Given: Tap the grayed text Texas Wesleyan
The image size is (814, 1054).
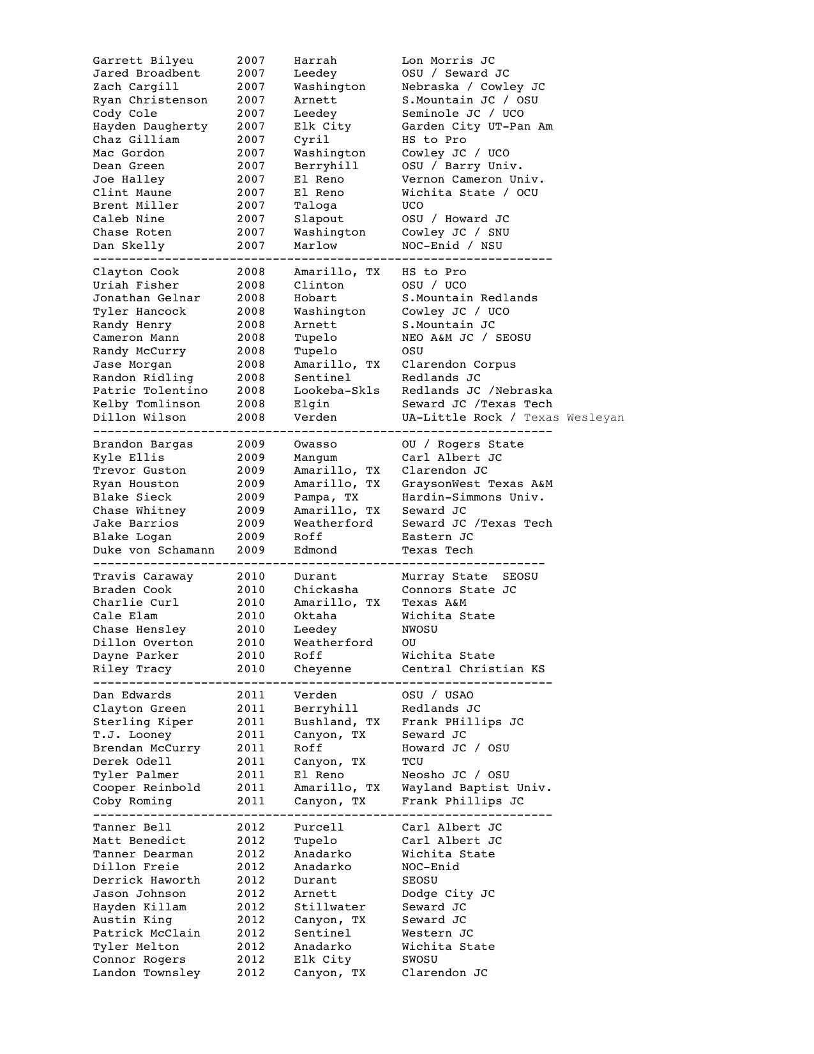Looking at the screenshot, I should click(x=574, y=418).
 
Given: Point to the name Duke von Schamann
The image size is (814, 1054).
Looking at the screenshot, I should click(x=153, y=550).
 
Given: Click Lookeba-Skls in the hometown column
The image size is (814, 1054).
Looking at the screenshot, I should click(x=336, y=391).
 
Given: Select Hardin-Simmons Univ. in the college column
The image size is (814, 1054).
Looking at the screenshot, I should click(x=472, y=497).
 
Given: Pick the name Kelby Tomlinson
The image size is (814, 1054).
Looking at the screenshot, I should click(x=146, y=404).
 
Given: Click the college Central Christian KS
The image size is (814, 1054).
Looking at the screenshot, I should click(x=473, y=669).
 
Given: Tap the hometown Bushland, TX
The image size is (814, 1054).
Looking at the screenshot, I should click(x=336, y=722).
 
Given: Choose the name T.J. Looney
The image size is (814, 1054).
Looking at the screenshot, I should click(x=132, y=735).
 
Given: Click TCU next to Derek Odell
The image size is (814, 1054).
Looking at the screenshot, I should click(x=412, y=762).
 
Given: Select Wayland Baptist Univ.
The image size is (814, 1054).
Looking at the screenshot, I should click(x=476, y=788).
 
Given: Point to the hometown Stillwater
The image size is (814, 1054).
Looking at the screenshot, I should click(x=329, y=907).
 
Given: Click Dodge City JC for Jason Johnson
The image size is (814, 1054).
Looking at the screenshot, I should click(x=448, y=894).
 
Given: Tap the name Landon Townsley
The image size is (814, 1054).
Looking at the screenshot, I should click(x=146, y=973).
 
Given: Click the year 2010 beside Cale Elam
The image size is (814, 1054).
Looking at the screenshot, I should click(x=250, y=616).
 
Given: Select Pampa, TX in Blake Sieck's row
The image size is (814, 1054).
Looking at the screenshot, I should click(x=326, y=497).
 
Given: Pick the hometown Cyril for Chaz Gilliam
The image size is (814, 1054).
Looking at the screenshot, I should click(x=311, y=140).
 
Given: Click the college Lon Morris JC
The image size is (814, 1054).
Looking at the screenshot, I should click(x=448, y=61).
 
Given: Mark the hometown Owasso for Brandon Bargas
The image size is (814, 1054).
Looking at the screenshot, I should click(x=315, y=444).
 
